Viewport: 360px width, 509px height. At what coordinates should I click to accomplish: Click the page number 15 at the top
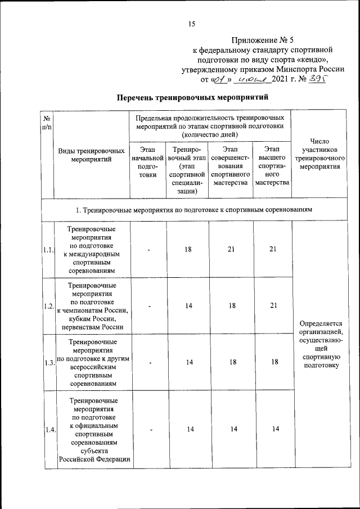[x=191, y=23]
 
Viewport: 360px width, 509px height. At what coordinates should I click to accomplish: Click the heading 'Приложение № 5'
[x=263, y=40]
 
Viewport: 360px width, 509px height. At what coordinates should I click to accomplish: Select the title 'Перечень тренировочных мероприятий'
[x=190, y=98]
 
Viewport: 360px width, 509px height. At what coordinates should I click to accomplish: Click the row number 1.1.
[x=47, y=250]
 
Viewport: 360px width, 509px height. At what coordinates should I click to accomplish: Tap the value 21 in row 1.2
[x=272, y=306]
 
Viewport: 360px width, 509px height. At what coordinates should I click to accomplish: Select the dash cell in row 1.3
[x=150, y=363]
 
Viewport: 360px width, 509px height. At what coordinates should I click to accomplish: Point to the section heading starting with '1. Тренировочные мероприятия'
[x=194, y=209]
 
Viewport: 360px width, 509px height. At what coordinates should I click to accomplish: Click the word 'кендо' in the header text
[x=314, y=60]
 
